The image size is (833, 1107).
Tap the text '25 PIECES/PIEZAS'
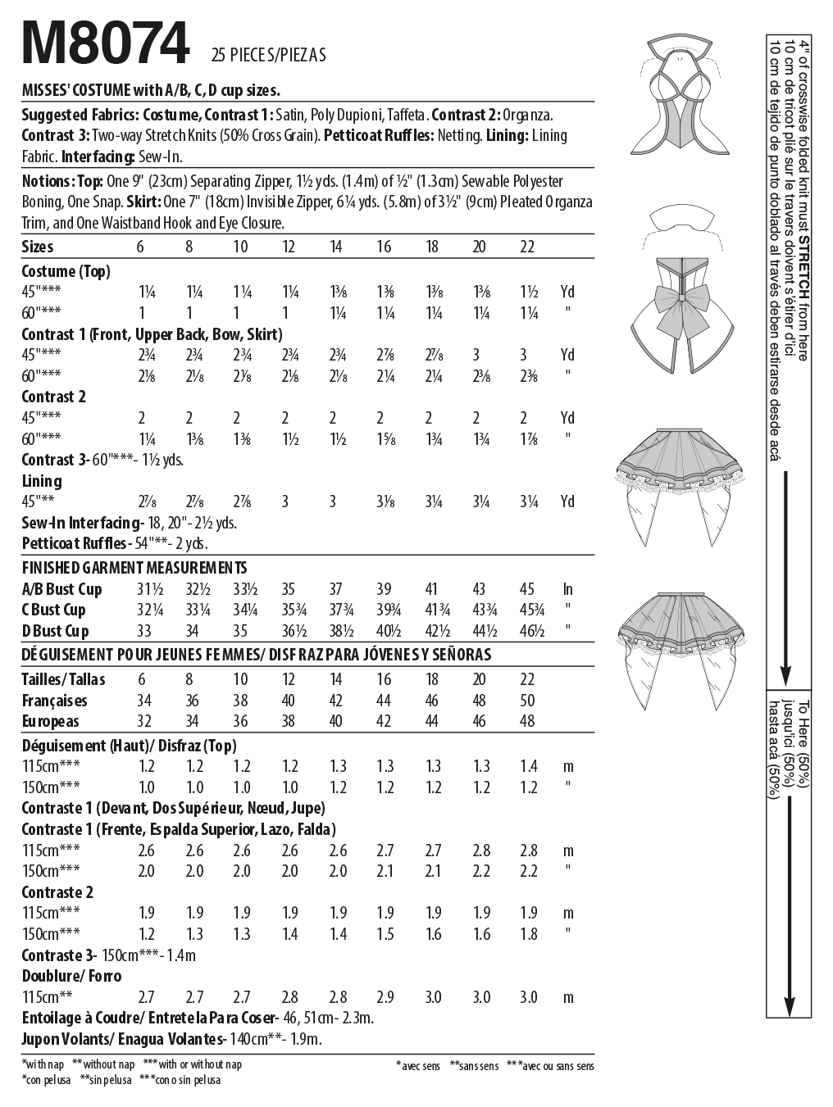point(268,56)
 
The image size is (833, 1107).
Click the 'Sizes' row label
point(38,247)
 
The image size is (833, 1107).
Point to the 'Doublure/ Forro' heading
point(72,976)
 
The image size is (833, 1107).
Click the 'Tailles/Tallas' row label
point(64,679)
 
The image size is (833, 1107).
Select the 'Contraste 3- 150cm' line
point(109,955)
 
